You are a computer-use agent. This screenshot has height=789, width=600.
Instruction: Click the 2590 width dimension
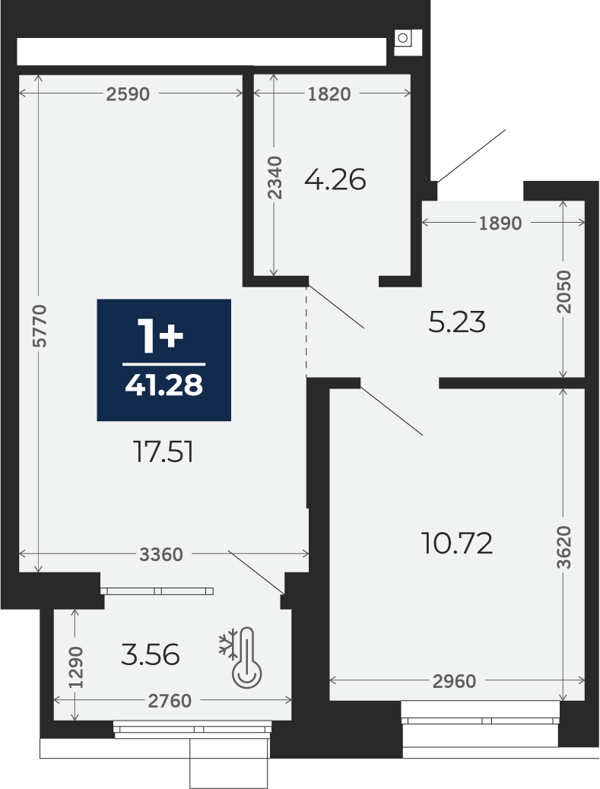[x=128, y=94]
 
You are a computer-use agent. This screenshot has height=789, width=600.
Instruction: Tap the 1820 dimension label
[x=329, y=94]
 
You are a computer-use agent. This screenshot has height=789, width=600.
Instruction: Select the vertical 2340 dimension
[x=275, y=178]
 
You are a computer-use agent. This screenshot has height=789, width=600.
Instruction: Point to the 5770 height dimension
[x=40, y=325]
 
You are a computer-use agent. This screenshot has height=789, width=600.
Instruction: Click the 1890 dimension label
[x=500, y=223]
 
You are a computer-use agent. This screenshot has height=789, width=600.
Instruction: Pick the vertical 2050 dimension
[x=564, y=292]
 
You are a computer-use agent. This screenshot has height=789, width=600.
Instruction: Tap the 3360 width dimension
[x=161, y=555]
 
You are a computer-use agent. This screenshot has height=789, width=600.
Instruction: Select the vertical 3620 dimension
[x=564, y=547]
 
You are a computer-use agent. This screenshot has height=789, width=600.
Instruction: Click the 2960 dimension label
[x=454, y=681]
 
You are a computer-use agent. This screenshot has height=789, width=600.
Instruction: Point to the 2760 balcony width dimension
[x=170, y=701]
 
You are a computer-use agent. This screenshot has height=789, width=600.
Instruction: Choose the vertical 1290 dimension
[x=77, y=667]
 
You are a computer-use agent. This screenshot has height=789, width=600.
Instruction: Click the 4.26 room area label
[x=335, y=179]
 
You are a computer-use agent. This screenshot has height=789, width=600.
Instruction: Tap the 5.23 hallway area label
[x=457, y=322]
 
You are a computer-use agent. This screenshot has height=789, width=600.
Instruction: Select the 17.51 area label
[x=163, y=452]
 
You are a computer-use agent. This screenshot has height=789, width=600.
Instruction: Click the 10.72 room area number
[x=457, y=543]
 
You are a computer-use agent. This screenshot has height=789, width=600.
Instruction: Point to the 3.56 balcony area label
[x=151, y=655]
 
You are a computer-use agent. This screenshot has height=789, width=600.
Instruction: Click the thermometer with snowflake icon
[x=240, y=657]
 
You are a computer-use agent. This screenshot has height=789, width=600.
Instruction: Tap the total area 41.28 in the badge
[x=164, y=385]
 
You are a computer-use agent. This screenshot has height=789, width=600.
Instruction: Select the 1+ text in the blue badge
[x=161, y=336]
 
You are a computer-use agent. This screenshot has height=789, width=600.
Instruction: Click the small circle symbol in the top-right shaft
[x=402, y=38]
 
